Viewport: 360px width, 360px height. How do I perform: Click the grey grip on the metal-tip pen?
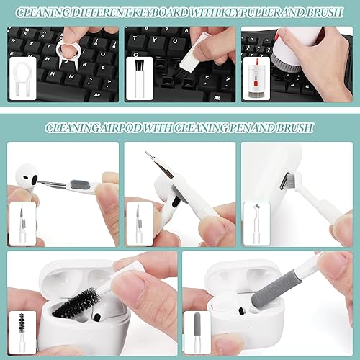click(x=84, y=187)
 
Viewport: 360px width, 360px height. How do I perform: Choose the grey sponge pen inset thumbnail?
click(x=197, y=333)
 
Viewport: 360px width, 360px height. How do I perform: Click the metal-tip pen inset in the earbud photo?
click(x=21, y=224)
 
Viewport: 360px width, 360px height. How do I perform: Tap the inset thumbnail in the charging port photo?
click(x=256, y=224)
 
